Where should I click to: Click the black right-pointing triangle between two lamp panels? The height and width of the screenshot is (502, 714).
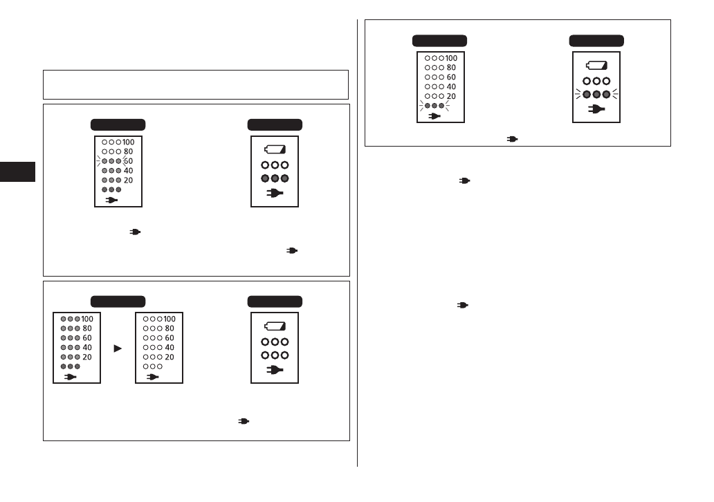pyautogui.click(x=118, y=348)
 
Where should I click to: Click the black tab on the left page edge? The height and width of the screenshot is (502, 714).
pyautogui.click(x=17, y=173)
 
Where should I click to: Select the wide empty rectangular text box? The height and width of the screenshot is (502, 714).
pyautogui.click(x=195, y=84)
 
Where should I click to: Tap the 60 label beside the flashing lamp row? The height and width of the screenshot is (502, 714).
pyautogui.click(x=128, y=160)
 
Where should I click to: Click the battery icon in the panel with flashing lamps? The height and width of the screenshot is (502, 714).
pyautogui.click(x=596, y=66)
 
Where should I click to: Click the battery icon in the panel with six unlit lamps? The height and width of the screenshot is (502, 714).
pyautogui.click(x=275, y=326)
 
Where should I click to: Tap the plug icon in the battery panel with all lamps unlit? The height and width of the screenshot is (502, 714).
pyautogui.click(x=275, y=369)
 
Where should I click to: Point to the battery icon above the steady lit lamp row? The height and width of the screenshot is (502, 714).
pyautogui.click(x=275, y=149)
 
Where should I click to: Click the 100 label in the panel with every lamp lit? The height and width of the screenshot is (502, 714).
pyautogui.click(x=88, y=319)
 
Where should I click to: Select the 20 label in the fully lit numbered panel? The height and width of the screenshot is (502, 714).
pyautogui.click(x=86, y=357)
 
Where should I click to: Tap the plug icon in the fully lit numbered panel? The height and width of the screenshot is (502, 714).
pyautogui.click(x=71, y=377)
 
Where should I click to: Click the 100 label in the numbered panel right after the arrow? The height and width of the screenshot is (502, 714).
pyautogui.click(x=170, y=319)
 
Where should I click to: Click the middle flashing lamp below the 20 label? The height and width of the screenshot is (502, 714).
pyautogui.click(x=433, y=106)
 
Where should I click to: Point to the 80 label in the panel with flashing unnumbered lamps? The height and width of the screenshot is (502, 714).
pyautogui.click(x=451, y=68)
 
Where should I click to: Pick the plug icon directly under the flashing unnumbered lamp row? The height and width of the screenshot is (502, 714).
pyautogui.click(x=434, y=116)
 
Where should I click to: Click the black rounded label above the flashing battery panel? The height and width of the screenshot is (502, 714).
pyautogui.click(x=596, y=41)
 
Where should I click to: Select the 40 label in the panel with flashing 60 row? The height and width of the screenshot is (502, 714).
pyautogui.click(x=128, y=170)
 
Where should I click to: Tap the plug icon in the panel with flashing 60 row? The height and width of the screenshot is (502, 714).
pyautogui.click(x=111, y=200)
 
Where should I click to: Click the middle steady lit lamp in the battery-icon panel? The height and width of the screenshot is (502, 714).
pyautogui.click(x=275, y=178)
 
